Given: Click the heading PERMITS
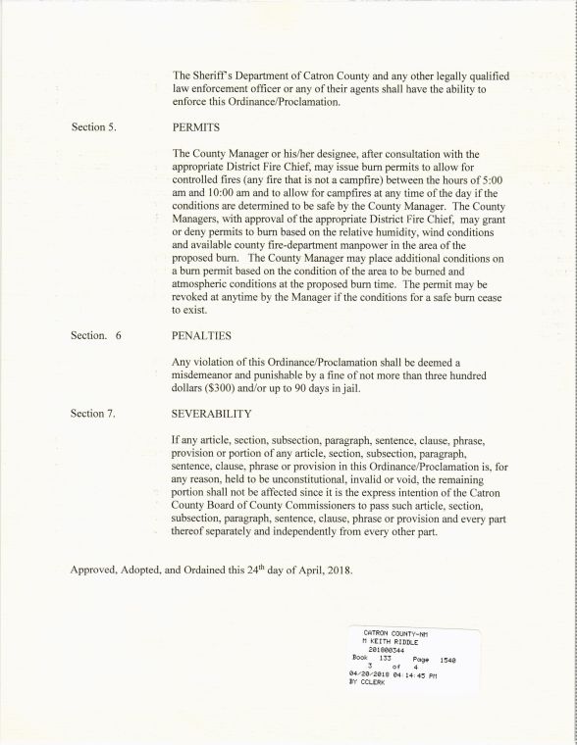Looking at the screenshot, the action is (194, 128).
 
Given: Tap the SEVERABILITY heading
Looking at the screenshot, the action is (212, 414).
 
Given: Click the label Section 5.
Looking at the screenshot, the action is (94, 128).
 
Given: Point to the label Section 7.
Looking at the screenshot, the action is (94, 414).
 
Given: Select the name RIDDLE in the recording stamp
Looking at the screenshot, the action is (406, 641).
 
